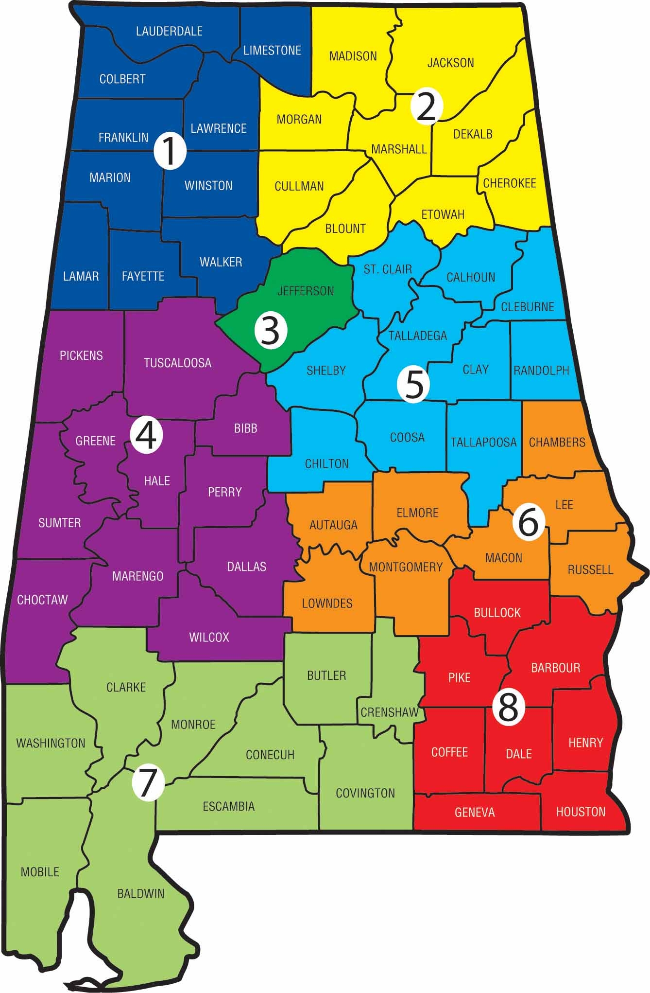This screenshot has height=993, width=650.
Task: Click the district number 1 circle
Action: coord(170,152)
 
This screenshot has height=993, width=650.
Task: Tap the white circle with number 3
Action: coord(271,331)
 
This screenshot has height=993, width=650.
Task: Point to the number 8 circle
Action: coord(509,708)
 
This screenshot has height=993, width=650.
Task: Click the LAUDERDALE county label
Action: coord(169,32)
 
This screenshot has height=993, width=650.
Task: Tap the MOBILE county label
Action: coord(40,872)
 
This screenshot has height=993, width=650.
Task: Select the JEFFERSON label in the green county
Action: coord(306,291)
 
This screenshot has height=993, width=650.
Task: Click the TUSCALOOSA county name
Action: coord(177,363)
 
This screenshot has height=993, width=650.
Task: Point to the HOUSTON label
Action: coord(581,812)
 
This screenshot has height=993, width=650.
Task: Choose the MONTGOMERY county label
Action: coord(406,567)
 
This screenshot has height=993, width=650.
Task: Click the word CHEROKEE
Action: coord(509,183)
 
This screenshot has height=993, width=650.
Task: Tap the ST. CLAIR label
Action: coord(388,269)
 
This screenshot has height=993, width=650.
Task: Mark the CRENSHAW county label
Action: coord(390,712)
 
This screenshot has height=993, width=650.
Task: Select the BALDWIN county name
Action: coord(141,893)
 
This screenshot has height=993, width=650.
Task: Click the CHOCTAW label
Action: coord(42,600)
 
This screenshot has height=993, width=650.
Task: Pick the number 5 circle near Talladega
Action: coord(413,385)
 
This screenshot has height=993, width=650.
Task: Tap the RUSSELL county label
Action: coord(590,569)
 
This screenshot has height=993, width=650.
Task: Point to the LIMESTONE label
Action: coord(272,51)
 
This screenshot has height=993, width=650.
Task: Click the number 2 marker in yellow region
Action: coord(427,108)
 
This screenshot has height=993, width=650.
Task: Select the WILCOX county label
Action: coord(209,638)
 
